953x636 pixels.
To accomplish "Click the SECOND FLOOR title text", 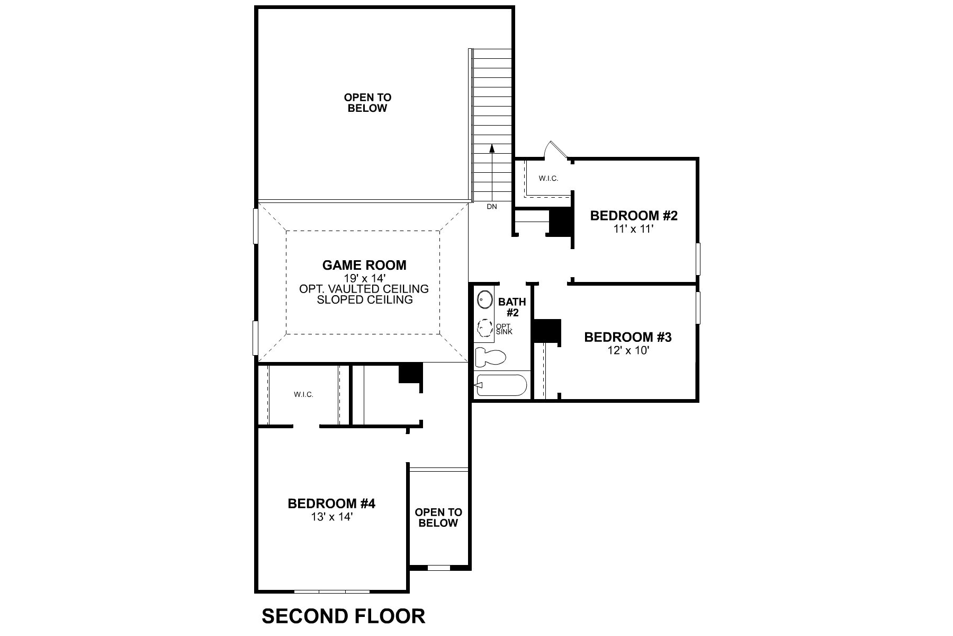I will (x=343, y=616).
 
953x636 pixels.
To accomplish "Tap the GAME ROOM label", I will (x=364, y=265).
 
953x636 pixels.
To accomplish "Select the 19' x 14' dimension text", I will (x=364, y=278).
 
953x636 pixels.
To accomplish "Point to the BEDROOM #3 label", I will (x=627, y=337).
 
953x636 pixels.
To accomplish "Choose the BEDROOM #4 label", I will (x=331, y=503).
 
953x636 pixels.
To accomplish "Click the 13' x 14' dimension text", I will (x=331, y=517).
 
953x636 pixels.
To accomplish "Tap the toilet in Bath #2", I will (x=490, y=357).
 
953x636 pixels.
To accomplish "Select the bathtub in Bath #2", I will (x=500, y=385).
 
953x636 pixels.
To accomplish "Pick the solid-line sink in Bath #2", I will (x=484, y=300).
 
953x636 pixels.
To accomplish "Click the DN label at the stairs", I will (x=492, y=207).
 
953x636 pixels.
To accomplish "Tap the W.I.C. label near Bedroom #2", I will (x=549, y=179).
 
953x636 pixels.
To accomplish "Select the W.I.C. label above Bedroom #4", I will (x=303, y=395).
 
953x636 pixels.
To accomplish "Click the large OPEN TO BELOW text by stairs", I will (x=367, y=103).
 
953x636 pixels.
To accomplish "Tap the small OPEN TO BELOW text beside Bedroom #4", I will (x=438, y=518).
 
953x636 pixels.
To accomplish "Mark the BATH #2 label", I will (x=512, y=307).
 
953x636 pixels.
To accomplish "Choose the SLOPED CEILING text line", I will (x=364, y=300).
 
